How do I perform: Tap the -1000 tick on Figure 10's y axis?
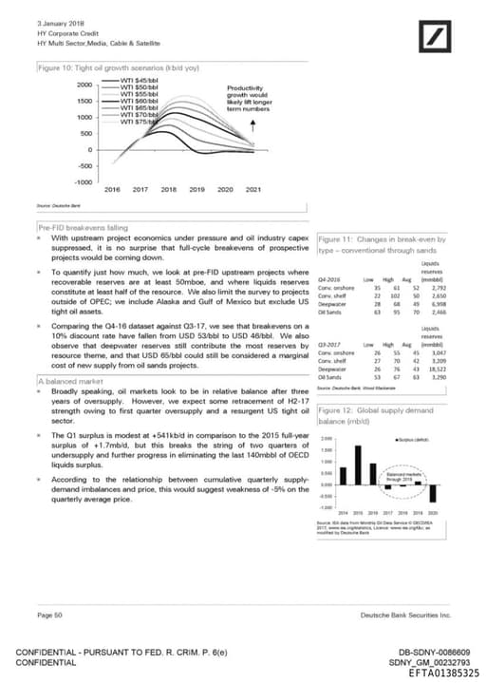coord(82,180)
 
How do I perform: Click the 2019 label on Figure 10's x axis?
coord(197,190)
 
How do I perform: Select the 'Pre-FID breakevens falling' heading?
coord(83,228)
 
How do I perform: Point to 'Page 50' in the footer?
coord(49,616)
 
